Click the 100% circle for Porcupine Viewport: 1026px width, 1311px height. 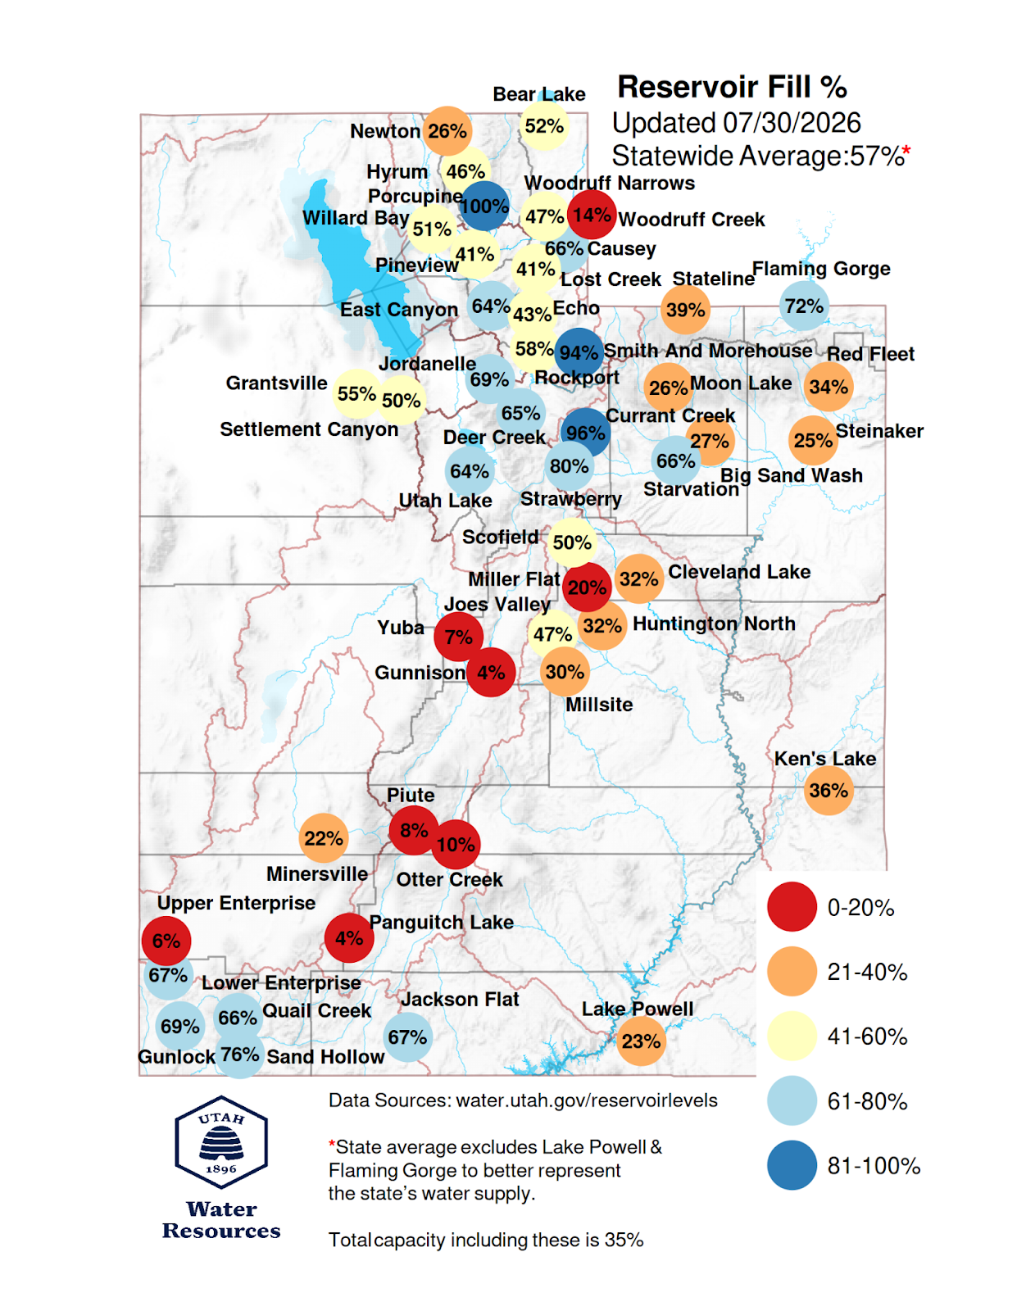coord(483,206)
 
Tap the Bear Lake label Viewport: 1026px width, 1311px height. coord(538,94)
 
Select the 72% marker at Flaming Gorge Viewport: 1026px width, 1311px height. coord(803,306)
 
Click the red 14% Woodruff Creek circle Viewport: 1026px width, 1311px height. coord(592,215)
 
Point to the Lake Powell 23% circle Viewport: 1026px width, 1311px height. coord(641,1041)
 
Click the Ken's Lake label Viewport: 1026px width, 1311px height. coord(824,759)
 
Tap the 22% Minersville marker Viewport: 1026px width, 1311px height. coord(324,838)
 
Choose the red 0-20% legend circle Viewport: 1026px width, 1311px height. coord(792,907)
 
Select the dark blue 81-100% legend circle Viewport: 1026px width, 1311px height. coord(792,1165)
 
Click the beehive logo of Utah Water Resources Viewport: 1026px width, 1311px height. coord(220,1143)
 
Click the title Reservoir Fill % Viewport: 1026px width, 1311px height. coord(733,87)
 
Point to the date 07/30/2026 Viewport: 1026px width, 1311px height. coord(792,123)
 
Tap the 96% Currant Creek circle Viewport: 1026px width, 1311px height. coord(585,433)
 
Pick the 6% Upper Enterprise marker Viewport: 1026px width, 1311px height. coord(166,941)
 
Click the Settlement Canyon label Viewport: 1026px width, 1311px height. coord(309,429)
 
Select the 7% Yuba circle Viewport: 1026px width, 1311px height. coord(458,637)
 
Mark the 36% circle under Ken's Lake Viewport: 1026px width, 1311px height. coord(829,791)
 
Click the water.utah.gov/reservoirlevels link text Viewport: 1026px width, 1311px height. coord(586,1100)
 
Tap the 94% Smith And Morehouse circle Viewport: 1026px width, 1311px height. coord(579,352)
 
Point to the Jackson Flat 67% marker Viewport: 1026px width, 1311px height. coord(408,1037)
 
